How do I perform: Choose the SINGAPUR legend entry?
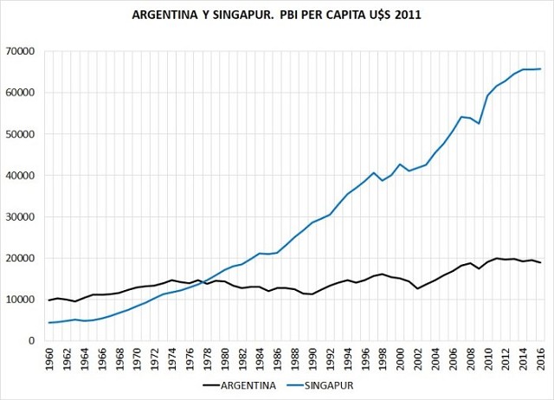pyautogui.click(x=330, y=387)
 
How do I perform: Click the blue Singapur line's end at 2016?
pyautogui.click(x=541, y=69)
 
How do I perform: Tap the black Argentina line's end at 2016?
pyautogui.click(x=541, y=262)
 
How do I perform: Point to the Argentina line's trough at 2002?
pyautogui.click(x=418, y=288)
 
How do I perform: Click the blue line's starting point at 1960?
pyautogui.click(x=49, y=323)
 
